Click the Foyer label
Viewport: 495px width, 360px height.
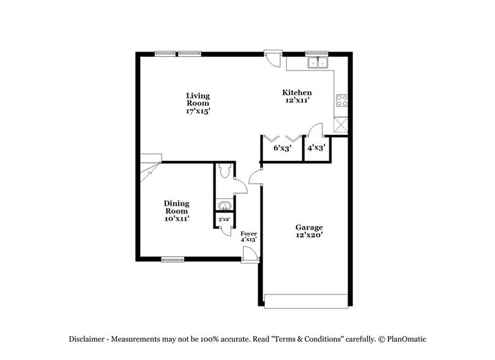tap(248, 233)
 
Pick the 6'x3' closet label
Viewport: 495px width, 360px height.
tap(281, 148)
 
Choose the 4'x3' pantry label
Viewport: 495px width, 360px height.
tap(316, 148)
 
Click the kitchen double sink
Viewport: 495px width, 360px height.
tap(318, 62)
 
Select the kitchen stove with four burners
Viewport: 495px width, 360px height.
tap(341, 101)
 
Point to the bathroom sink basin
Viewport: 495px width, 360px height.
tap(223, 205)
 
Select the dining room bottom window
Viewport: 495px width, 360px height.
tap(173, 259)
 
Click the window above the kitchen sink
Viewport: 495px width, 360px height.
tap(318, 53)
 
